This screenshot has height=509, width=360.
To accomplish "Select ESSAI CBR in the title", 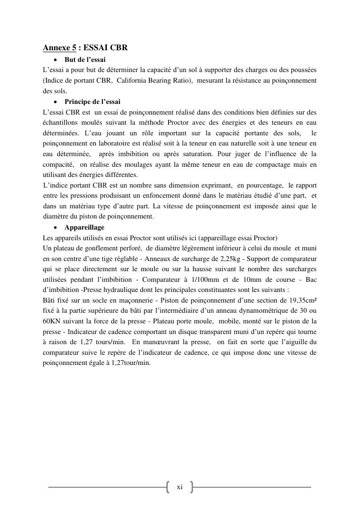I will pyautogui.click(x=105, y=48).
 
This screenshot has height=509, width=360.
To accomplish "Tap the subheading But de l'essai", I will pyautogui.click(x=85, y=60).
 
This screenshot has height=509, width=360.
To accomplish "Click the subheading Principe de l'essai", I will pyautogui.click(x=92, y=102).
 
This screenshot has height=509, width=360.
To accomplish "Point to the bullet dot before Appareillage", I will pyautogui.click(x=57, y=228).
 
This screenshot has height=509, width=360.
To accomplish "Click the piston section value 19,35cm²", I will pyautogui.click(x=300, y=300).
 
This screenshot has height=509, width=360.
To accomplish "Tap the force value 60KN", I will pyautogui.click(x=51, y=321).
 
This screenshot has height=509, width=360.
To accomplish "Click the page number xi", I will pyautogui.click(x=179, y=487).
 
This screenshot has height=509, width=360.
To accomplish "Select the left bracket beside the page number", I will pyautogui.click(x=168, y=487).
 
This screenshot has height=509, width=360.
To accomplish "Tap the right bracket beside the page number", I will pyautogui.click(x=191, y=487).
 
